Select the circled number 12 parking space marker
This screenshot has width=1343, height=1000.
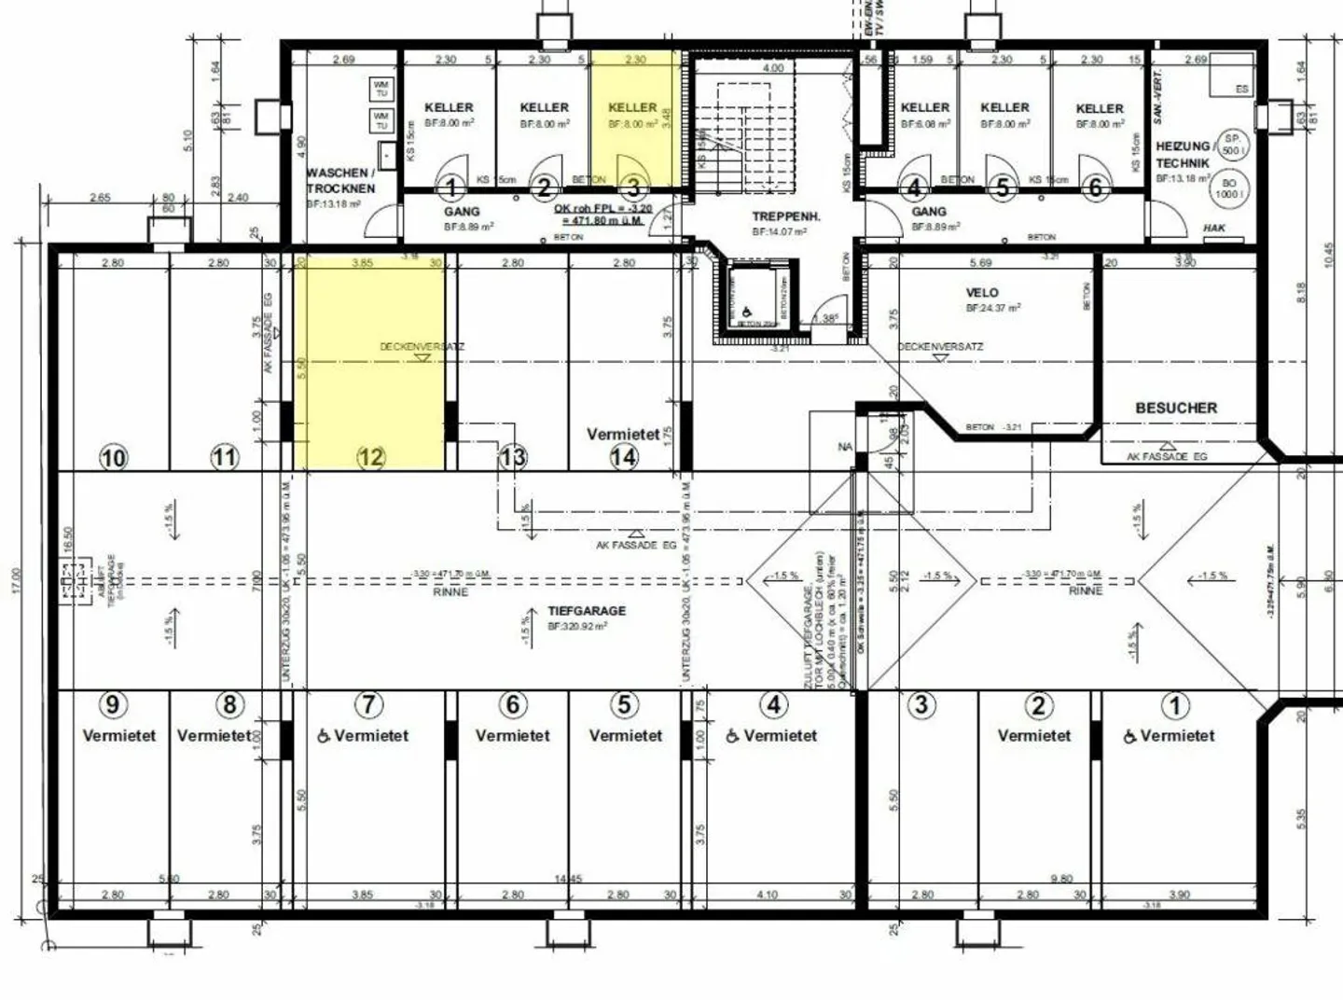pyautogui.click(x=371, y=457)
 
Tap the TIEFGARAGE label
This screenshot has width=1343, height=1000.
pyautogui.click(x=587, y=611)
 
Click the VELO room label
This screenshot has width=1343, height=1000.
pyautogui.click(x=981, y=293)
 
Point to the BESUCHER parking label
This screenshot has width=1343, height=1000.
pyautogui.click(x=1175, y=408)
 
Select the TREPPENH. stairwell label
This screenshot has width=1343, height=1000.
pyautogui.click(x=786, y=216)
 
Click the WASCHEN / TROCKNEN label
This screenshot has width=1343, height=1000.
pyautogui.click(x=340, y=180)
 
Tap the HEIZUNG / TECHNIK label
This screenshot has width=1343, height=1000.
pyautogui.click(x=1184, y=155)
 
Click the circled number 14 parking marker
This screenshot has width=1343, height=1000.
pyautogui.click(x=624, y=456)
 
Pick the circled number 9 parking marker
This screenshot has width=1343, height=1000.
pyautogui.click(x=113, y=704)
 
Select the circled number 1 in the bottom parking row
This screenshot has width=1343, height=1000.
pyautogui.click(x=1174, y=705)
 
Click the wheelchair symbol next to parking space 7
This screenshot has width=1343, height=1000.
pyautogui.click(x=324, y=736)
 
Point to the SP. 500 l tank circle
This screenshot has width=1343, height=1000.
pyautogui.click(x=1231, y=145)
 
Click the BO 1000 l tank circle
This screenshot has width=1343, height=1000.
pyautogui.click(x=1227, y=188)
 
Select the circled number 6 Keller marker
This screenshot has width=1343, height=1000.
pyautogui.click(x=1095, y=188)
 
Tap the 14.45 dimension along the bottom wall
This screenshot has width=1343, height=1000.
pyautogui.click(x=568, y=879)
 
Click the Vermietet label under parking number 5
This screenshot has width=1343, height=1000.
pyautogui.click(x=625, y=735)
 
